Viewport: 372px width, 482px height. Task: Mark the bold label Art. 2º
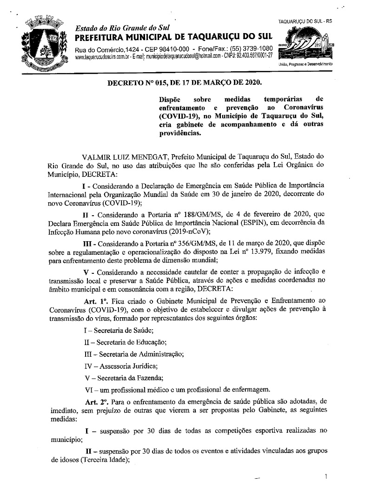96,401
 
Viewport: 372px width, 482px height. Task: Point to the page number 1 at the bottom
326,476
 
